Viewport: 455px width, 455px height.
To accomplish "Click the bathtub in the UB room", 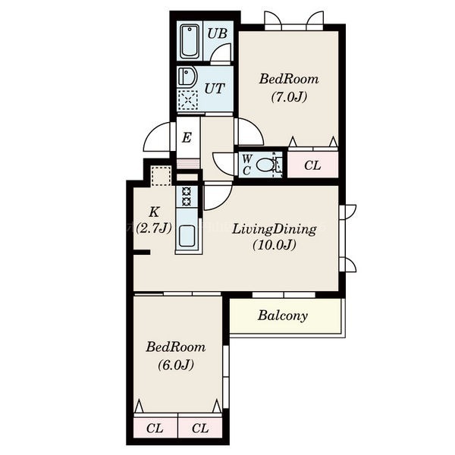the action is [x=190, y=42].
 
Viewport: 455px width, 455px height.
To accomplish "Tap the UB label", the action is [x=217, y=33].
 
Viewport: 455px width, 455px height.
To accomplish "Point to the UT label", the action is [x=215, y=89].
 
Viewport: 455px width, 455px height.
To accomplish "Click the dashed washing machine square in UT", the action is [x=188, y=100].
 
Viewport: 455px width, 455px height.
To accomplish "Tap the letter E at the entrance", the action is [x=187, y=137].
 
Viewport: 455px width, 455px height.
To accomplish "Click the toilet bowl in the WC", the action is [x=265, y=165].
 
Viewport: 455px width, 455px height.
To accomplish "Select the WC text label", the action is [x=246, y=165].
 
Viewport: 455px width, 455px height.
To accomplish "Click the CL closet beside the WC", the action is [x=312, y=165].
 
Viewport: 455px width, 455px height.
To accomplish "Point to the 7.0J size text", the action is [x=289, y=97].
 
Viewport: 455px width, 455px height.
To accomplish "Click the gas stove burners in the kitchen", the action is [x=187, y=196].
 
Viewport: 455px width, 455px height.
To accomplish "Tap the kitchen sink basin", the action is [x=187, y=236].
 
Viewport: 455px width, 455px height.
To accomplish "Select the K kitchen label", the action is [x=154, y=212].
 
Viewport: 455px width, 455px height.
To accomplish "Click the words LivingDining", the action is [x=275, y=230].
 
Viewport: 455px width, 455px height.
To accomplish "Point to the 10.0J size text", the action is [x=275, y=245].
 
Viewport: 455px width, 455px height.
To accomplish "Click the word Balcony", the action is [x=283, y=315].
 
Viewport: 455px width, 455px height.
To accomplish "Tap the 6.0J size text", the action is [x=176, y=365].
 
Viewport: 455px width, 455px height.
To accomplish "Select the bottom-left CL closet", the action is [x=155, y=428].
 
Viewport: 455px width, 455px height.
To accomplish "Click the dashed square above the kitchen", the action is [x=161, y=176].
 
